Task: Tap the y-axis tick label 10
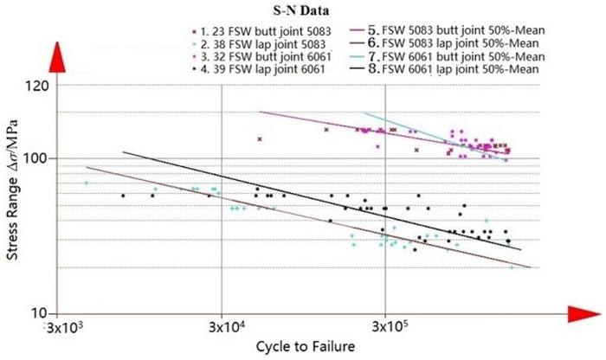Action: (37, 312)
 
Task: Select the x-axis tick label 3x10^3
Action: (66, 329)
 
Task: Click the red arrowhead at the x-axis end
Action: (580, 312)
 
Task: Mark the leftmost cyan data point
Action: (86, 183)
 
